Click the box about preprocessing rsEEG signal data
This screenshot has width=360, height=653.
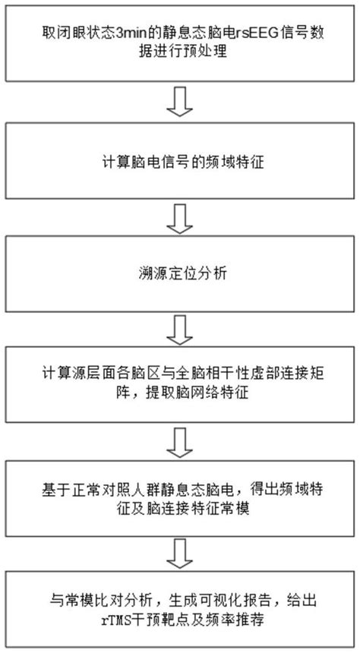pos(180,43)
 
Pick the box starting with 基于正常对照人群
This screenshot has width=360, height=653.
pos(180,495)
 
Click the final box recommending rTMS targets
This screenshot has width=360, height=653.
pos(180,608)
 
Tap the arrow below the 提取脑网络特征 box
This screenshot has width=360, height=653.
pos(180,439)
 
